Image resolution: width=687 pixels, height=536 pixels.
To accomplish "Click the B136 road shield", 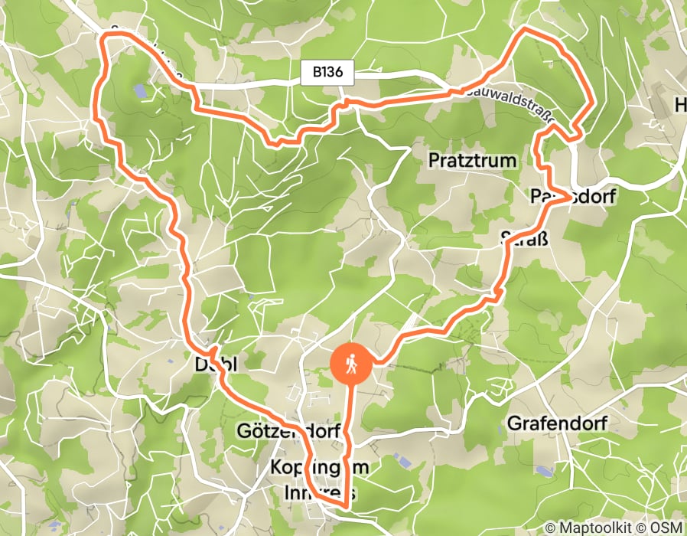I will (x=333, y=74).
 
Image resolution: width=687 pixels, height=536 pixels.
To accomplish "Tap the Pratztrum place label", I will (x=473, y=161).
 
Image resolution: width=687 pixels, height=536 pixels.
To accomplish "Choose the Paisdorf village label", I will (x=573, y=198).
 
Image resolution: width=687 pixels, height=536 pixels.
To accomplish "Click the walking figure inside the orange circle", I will (x=351, y=364).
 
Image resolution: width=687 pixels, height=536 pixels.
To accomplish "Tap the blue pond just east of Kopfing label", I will (x=401, y=459).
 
